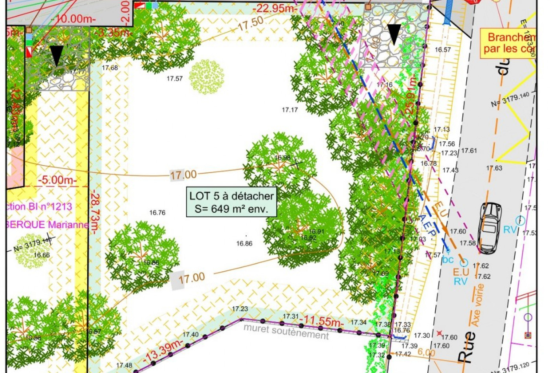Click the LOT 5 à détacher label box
point(231,202)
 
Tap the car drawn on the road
point(490,228)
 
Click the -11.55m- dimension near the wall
point(321,321)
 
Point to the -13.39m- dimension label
point(163,351)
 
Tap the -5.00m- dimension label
point(57,180)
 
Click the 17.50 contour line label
point(250,24)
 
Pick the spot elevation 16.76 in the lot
point(157,213)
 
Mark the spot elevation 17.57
point(174,79)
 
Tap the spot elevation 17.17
point(290,110)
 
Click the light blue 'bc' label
point(448,260)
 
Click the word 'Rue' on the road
point(467,346)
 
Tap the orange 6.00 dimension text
point(426,352)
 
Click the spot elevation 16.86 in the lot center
point(244,244)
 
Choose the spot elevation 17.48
point(124,366)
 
